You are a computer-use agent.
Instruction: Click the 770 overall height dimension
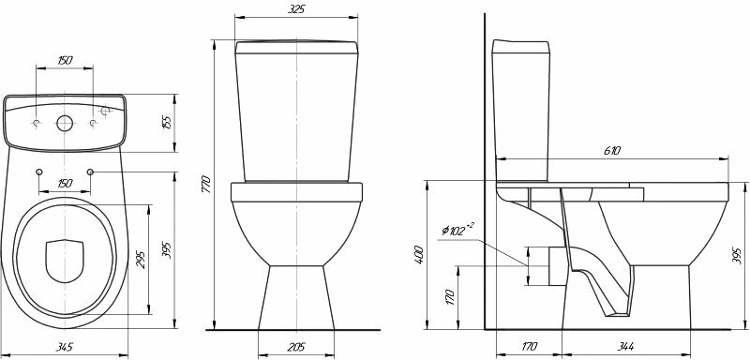[205, 184]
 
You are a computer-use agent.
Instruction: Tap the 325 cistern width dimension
[296, 9]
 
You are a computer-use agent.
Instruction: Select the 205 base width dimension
[296, 347]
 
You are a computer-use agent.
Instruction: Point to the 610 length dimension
[612, 151]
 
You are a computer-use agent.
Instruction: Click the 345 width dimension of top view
[64, 347]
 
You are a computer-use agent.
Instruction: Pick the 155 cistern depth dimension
[167, 124]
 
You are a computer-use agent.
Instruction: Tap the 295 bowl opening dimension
[142, 259]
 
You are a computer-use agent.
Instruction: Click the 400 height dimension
[419, 255]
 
